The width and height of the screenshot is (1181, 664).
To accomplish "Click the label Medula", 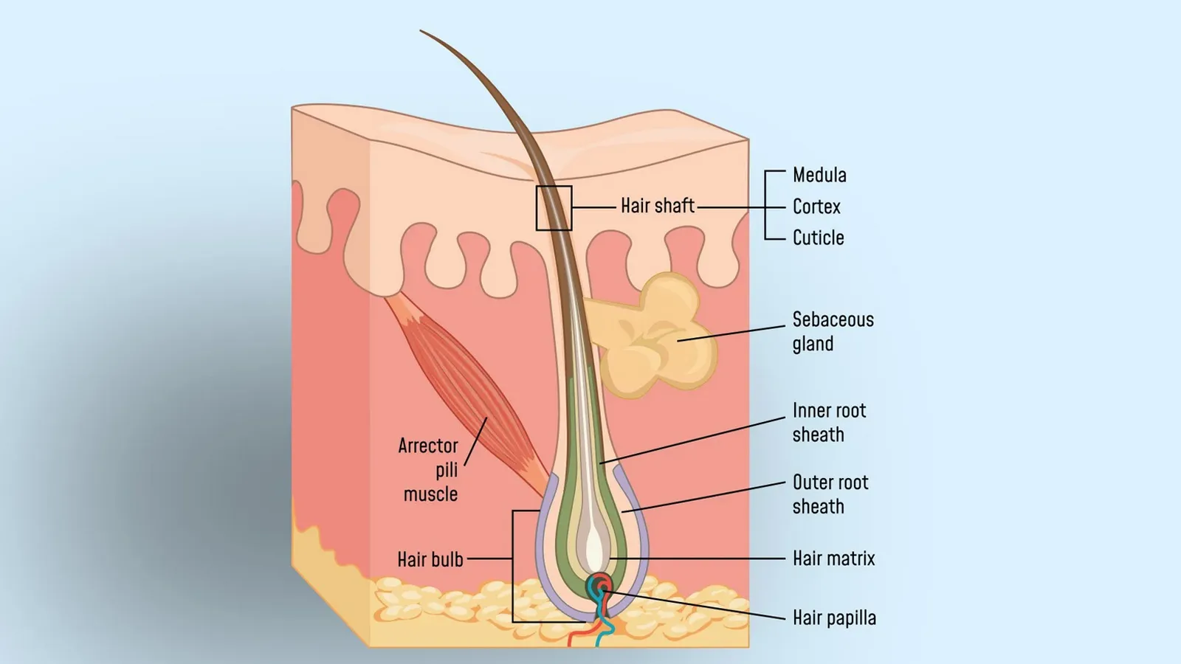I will pos(819,176).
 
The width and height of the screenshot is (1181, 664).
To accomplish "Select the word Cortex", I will pos(816,207).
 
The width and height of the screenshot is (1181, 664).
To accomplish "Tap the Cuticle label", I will pos(818,238).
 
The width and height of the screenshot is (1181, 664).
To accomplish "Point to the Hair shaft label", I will pos(657,206).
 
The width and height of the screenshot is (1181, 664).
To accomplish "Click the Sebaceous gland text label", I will pos(833,332).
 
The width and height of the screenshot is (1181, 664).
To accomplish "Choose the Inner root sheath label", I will pos(829,423).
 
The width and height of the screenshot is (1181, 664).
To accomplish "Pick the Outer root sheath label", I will pos(830,494).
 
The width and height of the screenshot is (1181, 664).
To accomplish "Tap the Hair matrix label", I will pos(833,558).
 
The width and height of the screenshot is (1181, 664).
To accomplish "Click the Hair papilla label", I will pos(834,618).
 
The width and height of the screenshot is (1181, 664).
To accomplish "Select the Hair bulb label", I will pos(430,559).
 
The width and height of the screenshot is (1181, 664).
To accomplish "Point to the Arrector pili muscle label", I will pos(430,470).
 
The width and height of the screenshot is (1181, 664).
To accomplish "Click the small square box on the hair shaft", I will pos(554,208).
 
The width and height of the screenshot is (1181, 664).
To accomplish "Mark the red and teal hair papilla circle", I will pos(601,587).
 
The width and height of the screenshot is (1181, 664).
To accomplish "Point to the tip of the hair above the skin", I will pos(422,32).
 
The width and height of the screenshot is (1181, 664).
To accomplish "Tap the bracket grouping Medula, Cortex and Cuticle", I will pos(765,207).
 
